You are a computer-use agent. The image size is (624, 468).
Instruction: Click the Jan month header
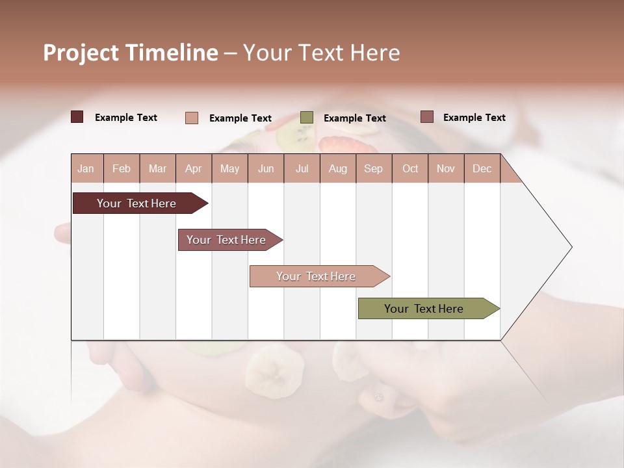(86, 168)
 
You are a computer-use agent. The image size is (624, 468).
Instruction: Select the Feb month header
(122, 168)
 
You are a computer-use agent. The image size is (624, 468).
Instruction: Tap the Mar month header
(157, 168)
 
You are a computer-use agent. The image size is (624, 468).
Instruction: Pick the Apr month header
(194, 168)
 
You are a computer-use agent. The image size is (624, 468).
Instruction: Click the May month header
(229, 168)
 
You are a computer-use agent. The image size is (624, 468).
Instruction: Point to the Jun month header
(266, 168)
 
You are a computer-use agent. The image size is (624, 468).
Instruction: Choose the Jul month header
(302, 168)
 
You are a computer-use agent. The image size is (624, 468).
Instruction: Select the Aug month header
(338, 168)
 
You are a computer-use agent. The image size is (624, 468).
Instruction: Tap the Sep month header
(374, 168)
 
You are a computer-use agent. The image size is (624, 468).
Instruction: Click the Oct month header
(410, 168)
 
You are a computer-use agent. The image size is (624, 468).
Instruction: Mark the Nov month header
(446, 168)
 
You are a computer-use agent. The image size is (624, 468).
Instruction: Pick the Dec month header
(482, 168)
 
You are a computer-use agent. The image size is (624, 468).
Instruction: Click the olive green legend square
(307, 118)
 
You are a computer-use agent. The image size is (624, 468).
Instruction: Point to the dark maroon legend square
(77, 117)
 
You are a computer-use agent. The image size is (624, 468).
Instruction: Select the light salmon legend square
(192, 118)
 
